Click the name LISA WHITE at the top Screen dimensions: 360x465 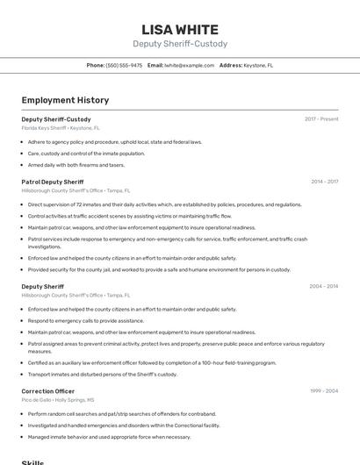click(x=179, y=27)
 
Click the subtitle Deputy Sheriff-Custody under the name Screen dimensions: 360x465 click(x=179, y=43)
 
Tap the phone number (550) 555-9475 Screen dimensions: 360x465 click(x=124, y=65)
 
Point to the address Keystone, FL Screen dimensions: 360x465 click(x=258, y=65)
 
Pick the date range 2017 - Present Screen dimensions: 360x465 click(x=321, y=118)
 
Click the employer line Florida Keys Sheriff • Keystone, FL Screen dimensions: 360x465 click(x=61, y=127)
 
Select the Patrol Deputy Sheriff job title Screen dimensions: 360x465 click(x=53, y=182)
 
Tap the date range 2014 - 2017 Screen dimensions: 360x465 click(x=324, y=182)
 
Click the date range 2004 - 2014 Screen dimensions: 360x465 click(x=323, y=286)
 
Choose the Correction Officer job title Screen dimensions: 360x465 click(x=48, y=390)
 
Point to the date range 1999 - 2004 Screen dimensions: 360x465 click(x=323, y=390)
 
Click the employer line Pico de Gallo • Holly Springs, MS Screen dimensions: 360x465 click(x=58, y=399)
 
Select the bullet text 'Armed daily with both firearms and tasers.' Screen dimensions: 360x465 click(x=76, y=164)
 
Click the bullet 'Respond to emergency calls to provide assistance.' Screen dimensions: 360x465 click(x=86, y=321)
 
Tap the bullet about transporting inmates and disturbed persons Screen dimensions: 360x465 click(x=102, y=374)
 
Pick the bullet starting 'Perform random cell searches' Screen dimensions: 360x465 click(x=121, y=413)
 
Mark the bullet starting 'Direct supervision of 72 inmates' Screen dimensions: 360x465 click(x=164, y=204)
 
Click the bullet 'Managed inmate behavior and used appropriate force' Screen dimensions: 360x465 click(x=109, y=436)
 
